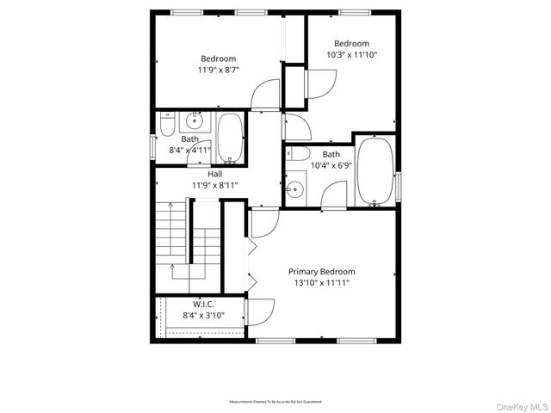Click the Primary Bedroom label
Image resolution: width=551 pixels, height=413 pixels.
321,271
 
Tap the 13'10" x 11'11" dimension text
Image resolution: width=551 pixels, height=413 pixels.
321,282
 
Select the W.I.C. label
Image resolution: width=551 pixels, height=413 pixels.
203,304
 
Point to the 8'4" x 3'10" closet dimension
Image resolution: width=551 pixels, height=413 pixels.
203,316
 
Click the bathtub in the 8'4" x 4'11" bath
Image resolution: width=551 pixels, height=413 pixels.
230,138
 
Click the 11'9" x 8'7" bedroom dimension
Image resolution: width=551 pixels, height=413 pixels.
218,70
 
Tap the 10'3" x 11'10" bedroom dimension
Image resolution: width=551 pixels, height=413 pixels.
351,54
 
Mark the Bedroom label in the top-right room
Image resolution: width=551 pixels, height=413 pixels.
351,43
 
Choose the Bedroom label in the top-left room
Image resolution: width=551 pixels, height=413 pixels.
218,59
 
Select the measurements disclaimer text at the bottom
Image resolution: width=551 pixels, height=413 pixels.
275,402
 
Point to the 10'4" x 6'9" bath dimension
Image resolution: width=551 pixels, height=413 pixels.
331,165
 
